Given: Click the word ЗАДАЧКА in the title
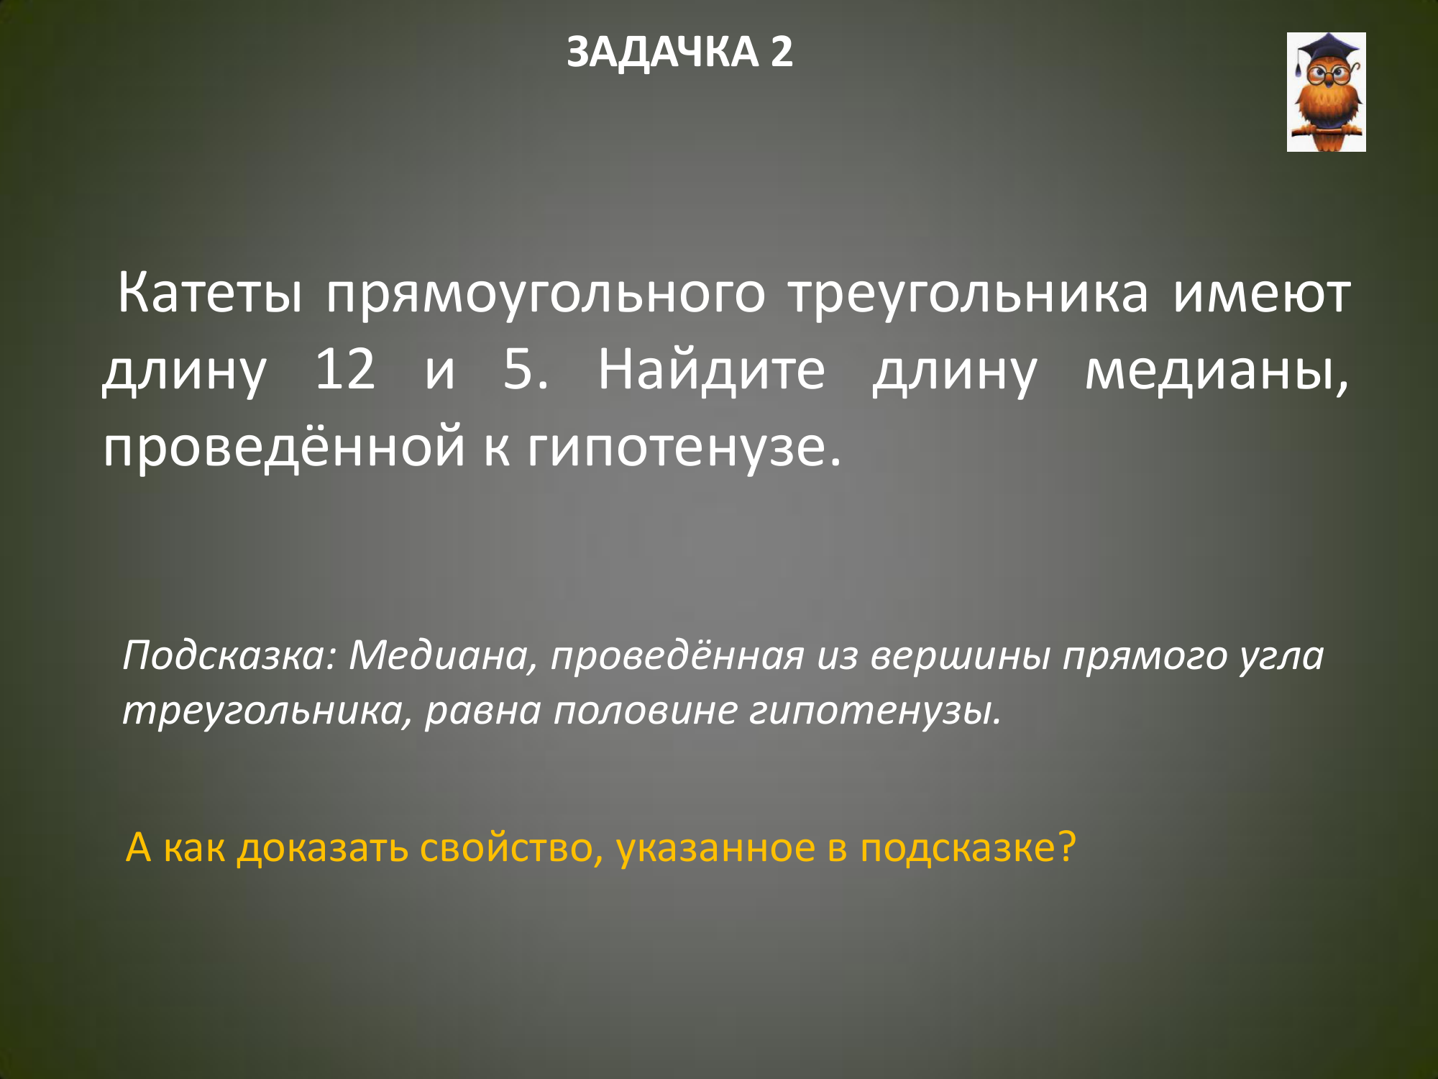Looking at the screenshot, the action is [x=662, y=53].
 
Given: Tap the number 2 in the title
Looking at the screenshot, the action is [x=782, y=52].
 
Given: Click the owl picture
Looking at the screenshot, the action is [x=1326, y=92].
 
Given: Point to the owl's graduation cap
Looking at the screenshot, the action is [x=1327, y=50].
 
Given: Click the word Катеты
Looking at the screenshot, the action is [x=210, y=294].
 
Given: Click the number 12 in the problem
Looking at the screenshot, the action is [x=346, y=370].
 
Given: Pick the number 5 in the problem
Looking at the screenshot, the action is [x=526, y=370].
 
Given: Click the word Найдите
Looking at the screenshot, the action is [x=712, y=369].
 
